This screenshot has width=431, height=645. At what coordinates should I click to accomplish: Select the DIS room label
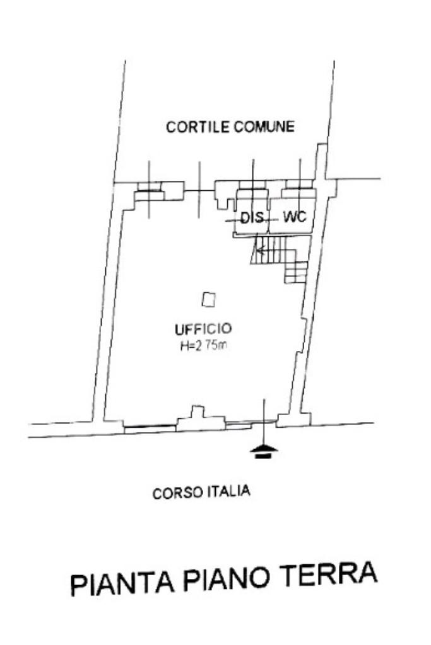pyautogui.click(x=251, y=218)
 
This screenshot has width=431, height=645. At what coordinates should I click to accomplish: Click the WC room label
pyautogui.click(x=294, y=217)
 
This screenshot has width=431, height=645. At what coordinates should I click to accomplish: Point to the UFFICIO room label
pyautogui.click(x=203, y=328)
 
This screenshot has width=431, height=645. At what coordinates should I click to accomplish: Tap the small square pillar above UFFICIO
pyautogui.click(x=208, y=300)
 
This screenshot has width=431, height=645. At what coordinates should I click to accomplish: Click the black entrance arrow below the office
pyautogui.click(x=264, y=450)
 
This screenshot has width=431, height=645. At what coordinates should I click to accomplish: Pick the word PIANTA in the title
pyautogui.click(x=120, y=581)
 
